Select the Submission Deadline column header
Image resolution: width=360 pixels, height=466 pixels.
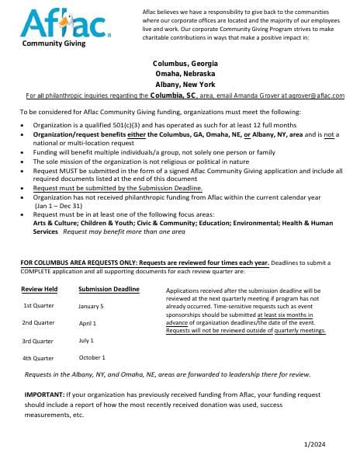coord(109,289)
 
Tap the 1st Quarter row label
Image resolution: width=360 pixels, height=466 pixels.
coord(39,305)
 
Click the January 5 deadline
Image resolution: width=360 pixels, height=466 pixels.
coord(91,306)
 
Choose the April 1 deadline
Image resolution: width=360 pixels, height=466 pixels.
coord(88,323)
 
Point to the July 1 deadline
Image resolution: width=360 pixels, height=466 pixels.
coord(86,340)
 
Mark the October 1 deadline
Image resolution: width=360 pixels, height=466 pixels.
coord(92,357)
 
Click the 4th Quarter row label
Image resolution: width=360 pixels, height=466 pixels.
coord(39,358)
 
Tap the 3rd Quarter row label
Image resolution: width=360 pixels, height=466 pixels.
coord(39,341)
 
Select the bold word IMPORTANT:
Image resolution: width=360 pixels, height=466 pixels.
coord(45,395)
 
